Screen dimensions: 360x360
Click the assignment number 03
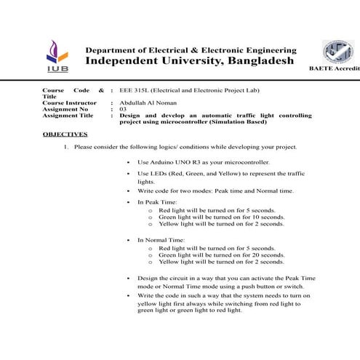123,109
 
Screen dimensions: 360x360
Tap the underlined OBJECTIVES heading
65,135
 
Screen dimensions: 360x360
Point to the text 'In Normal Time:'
161,239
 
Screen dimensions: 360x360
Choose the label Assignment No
65,109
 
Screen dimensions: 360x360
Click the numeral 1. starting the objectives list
65,147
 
